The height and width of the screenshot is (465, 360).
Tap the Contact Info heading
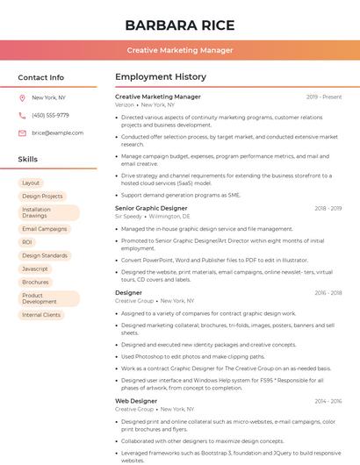click(40, 77)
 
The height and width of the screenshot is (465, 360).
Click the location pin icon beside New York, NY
click(22, 97)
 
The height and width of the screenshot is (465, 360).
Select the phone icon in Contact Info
click(22, 115)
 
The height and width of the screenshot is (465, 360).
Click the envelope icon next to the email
click(22, 132)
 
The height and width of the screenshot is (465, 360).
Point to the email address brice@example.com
click(57, 132)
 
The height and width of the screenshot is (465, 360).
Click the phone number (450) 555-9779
click(50, 115)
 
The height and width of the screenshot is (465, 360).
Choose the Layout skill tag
click(31, 182)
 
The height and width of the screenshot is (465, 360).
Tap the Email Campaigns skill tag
click(44, 229)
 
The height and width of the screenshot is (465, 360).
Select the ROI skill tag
click(27, 242)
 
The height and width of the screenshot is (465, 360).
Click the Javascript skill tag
click(35, 268)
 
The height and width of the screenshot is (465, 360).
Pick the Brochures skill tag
click(35, 282)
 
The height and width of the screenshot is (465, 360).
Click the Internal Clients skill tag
click(41, 314)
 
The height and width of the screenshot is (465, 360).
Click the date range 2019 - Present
click(324, 97)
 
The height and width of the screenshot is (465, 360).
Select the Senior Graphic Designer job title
click(151, 208)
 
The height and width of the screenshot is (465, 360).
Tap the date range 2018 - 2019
click(328, 208)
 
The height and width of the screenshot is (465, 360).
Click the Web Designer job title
click(136, 401)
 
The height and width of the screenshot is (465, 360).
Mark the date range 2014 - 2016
click(328, 401)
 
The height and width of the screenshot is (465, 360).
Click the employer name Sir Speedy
click(128, 216)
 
